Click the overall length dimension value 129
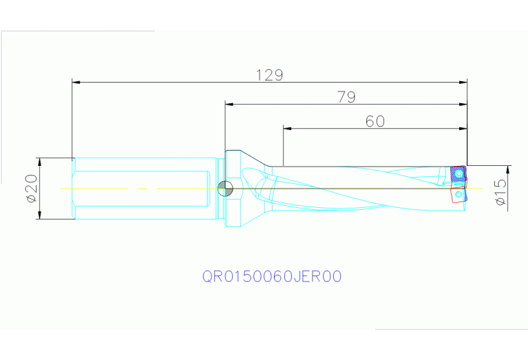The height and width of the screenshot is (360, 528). point(270,75)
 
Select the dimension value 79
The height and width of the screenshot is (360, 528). point(346,97)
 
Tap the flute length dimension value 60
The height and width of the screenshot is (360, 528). point(374,121)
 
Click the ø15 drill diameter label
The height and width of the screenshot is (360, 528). point(500,192)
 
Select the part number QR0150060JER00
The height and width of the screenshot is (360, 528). point(272,277)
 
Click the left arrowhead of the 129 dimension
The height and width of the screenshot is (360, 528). point(76,83)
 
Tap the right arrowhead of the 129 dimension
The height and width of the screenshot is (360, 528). point(463,83)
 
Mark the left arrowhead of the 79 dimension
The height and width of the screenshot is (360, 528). point(229,105)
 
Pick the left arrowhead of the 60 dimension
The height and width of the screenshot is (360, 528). point(287,128)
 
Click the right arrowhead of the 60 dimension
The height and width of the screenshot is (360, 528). point(463,128)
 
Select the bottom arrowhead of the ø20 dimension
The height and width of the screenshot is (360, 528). point(40,215)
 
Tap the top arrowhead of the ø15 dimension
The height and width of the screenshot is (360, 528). point(509,169)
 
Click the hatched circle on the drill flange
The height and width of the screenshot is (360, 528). point(224,187)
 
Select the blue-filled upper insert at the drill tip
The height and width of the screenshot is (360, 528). point(457,175)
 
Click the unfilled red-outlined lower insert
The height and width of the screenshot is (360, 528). point(458,195)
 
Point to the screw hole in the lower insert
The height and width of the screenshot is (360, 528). point(458,195)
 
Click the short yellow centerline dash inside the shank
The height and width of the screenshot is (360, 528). point(141,188)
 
